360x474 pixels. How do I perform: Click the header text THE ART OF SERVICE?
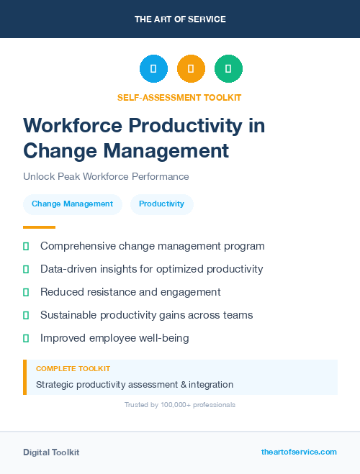(x=180, y=19)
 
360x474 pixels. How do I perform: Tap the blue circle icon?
(x=153, y=69)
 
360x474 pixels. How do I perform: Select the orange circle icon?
(x=191, y=69)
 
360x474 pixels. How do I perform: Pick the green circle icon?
(x=228, y=69)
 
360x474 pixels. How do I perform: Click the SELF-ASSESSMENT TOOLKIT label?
(x=179, y=97)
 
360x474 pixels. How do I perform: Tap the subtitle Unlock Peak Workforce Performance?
(x=106, y=176)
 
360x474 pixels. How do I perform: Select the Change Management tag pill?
(x=72, y=204)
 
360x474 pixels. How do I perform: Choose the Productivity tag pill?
(x=161, y=204)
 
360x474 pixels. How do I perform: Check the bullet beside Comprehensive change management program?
(x=26, y=246)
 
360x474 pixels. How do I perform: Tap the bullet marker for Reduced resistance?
(x=26, y=292)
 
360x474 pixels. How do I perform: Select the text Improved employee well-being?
(x=114, y=338)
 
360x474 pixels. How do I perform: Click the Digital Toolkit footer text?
(x=51, y=452)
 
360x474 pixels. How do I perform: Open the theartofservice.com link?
(x=299, y=452)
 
